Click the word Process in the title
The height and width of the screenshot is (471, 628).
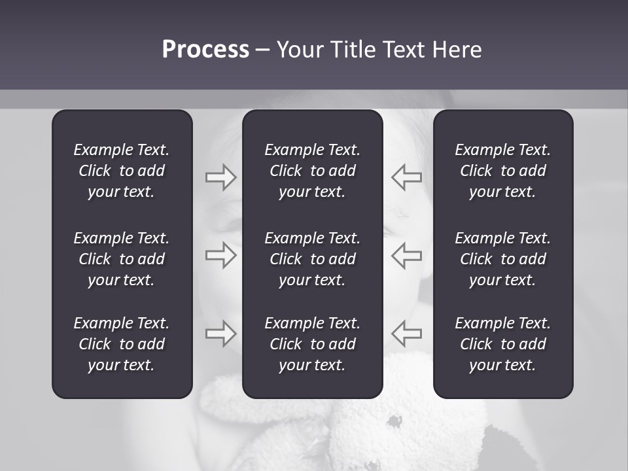[205, 50]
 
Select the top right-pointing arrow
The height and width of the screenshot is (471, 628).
[220, 177]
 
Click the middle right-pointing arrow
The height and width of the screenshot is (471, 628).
[220, 255]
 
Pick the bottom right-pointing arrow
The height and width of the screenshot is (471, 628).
[220, 334]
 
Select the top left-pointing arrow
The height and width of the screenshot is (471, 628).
[407, 177]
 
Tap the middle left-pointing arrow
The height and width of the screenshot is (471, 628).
[407, 255]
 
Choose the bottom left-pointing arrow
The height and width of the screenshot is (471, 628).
[407, 334]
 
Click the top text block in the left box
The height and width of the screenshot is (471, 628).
[122, 171]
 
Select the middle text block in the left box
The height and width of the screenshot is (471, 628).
[122, 259]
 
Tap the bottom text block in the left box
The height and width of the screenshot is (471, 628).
[122, 344]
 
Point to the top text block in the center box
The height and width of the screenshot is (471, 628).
[313, 171]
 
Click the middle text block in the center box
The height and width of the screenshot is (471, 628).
[313, 259]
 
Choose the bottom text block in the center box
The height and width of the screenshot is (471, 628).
[313, 344]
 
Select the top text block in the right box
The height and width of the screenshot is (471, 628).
[503, 171]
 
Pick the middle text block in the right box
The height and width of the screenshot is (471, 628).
[503, 259]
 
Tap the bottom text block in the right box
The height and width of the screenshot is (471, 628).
[503, 344]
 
